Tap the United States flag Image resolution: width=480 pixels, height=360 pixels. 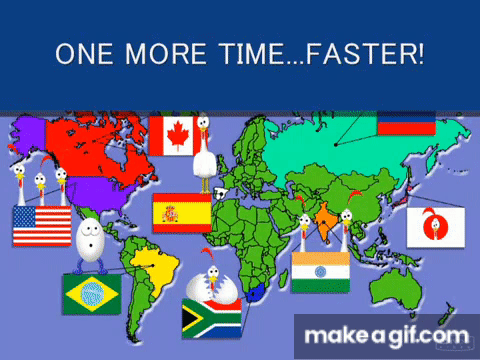[42, 226]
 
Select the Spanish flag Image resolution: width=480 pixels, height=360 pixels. [182, 213]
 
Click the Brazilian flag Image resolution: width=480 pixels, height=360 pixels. [92, 294]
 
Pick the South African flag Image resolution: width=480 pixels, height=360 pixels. [212, 318]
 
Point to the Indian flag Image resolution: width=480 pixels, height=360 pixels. [321, 272]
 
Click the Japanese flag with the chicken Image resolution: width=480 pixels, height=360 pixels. [436, 227]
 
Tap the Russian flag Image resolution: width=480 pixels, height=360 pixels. [406, 123]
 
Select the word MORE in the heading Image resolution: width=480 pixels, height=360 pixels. [166, 54]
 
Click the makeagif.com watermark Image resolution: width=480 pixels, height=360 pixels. [387, 336]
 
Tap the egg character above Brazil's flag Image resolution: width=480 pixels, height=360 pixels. [90, 245]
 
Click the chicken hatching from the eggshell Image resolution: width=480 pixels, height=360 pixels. [212, 281]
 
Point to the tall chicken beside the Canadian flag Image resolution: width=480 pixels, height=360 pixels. [205, 154]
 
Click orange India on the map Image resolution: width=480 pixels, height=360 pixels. [324, 222]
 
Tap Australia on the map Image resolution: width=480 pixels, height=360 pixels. [396, 289]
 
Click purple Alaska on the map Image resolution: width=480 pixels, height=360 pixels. [28, 135]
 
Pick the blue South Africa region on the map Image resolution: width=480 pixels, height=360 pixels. [255, 293]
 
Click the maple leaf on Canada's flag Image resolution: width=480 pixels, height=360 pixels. [178, 136]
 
